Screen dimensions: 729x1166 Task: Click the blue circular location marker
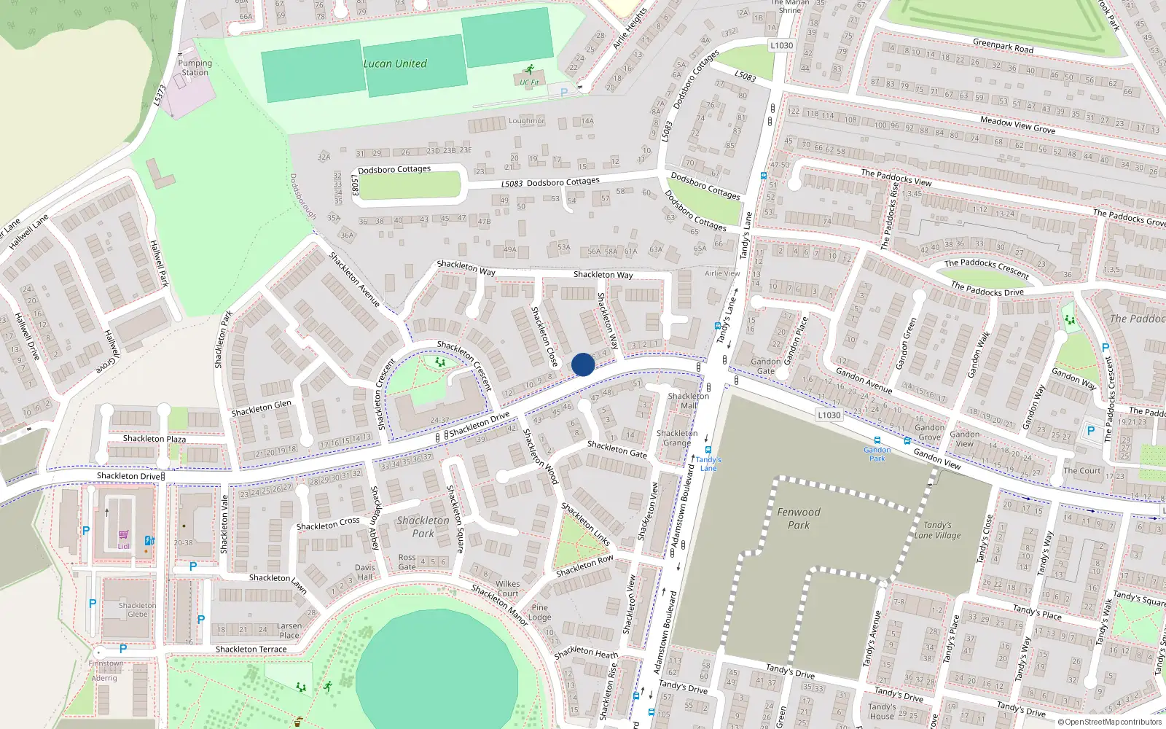point(583,364)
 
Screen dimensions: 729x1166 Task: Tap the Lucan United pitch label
point(395,63)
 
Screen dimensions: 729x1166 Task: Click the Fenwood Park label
point(799,518)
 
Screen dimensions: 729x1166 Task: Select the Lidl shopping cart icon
point(124,535)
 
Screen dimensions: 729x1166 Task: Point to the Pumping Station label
point(195,67)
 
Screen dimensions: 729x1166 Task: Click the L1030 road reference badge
point(829,415)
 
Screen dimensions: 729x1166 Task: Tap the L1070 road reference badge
point(781,45)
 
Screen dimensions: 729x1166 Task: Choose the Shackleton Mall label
point(688,401)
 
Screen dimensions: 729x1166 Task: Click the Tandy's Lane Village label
point(937,530)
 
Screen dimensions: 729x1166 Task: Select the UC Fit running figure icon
point(530,71)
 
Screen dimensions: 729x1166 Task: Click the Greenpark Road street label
point(1003,46)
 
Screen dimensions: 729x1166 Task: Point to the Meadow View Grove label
point(1017,125)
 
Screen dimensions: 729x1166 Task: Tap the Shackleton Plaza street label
point(154,438)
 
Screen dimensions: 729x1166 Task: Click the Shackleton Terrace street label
point(251,649)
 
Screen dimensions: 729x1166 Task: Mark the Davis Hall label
point(365,572)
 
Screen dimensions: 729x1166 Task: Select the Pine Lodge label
point(539,612)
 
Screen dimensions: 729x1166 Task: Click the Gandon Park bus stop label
point(877,453)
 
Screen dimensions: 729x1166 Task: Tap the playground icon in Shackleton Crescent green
point(440,362)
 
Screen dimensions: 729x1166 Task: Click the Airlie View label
point(722,273)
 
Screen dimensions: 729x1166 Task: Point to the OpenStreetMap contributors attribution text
point(1110,722)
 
